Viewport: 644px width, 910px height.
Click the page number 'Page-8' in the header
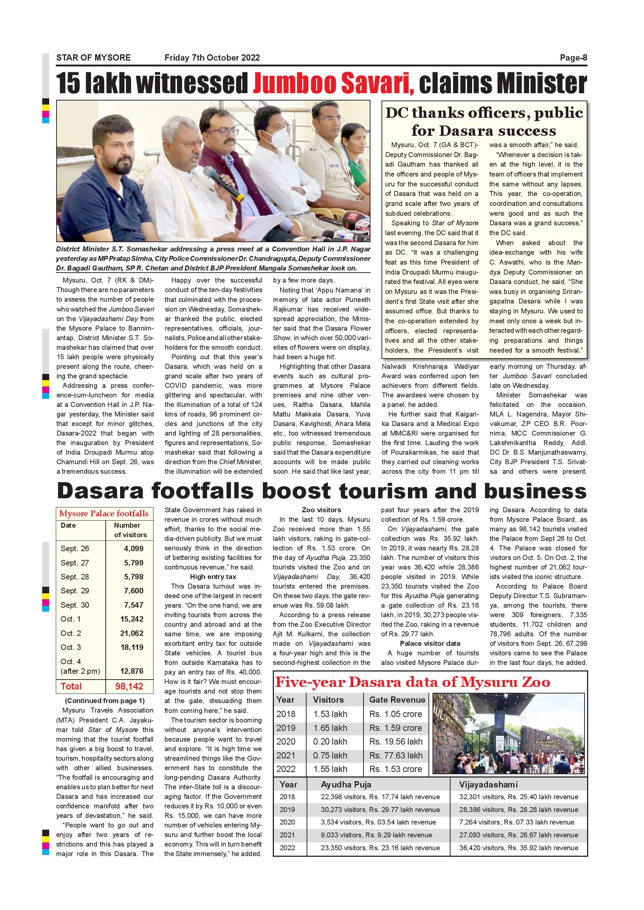point(573,58)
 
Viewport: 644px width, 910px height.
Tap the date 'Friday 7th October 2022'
point(212,58)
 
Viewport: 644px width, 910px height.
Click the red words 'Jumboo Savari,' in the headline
point(333,83)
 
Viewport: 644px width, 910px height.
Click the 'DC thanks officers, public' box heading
point(484,113)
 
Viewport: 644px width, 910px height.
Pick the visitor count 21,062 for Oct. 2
point(132,633)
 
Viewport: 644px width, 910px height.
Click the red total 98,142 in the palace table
point(129,687)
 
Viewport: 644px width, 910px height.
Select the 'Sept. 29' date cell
point(75,590)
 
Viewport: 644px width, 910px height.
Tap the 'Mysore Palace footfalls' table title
point(104,514)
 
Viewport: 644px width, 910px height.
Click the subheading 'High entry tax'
point(213,577)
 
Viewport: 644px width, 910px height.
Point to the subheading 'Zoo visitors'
point(321,510)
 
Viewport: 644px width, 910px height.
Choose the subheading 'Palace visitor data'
point(430,643)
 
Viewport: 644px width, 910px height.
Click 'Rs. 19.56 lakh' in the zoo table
point(396,742)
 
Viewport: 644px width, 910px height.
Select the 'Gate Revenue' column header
point(397,700)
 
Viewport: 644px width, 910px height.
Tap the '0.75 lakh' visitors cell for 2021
point(330,756)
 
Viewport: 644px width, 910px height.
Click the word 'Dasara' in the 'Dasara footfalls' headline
point(100,491)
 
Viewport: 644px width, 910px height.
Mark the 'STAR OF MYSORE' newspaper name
point(93,58)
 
